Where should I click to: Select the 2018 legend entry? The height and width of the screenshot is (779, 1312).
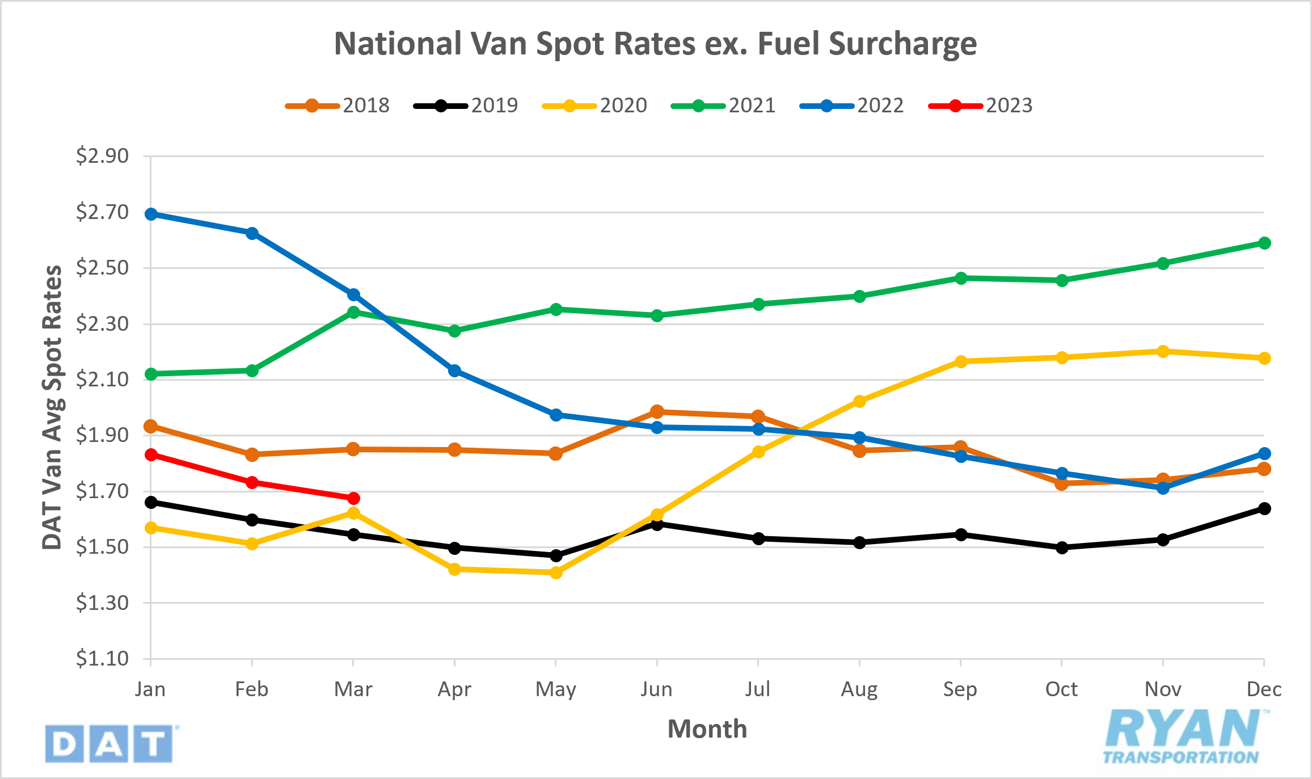point(338,106)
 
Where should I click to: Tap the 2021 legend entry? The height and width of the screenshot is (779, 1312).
point(724,106)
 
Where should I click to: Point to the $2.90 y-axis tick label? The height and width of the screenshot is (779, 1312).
point(103,155)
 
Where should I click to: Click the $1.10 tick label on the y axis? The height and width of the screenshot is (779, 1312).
point(103,659)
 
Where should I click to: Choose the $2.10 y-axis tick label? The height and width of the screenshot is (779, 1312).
point(103,379)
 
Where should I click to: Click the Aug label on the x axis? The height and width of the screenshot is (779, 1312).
point(859,689)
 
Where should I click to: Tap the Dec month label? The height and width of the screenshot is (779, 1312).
point(1264,689)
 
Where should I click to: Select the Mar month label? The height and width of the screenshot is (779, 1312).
point(353,689)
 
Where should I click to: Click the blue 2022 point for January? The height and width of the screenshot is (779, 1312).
point(151,214)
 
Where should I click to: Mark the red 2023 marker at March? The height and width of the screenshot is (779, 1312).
point(353,498)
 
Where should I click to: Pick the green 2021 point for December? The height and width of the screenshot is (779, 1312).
point(1264,243)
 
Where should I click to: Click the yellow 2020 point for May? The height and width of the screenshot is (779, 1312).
point(556,572)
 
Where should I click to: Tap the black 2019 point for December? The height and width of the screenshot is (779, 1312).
point(1264,508)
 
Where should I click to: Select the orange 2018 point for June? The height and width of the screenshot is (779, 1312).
point(657,411)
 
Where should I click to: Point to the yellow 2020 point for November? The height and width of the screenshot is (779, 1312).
point(1163,351)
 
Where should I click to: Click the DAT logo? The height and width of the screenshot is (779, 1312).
point(109,743)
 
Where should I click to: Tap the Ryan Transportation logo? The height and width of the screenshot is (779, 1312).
point(1183,736)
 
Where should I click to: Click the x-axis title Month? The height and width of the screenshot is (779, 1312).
point(707,729)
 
